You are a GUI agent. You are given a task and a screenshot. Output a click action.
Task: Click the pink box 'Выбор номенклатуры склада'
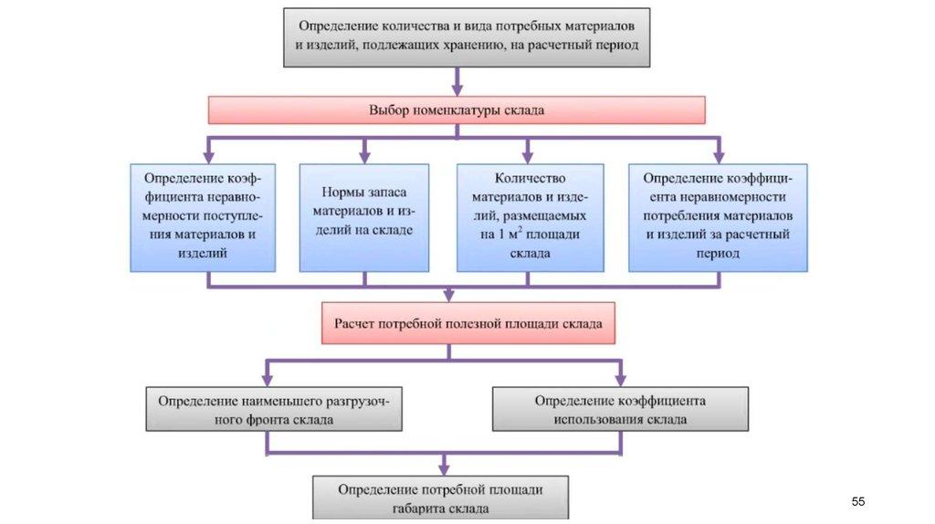tap(457, 110)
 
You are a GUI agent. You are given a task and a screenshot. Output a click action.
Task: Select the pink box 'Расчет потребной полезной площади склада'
tap(468, 323)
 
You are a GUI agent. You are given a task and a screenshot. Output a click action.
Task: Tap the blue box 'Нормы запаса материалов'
tap(363, 216)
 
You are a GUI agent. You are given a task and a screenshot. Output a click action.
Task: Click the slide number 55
tap(857, 502)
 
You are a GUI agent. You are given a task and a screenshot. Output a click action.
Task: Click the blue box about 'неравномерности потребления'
tap(718, 216)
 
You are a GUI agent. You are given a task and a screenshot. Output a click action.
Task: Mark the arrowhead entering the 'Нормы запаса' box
tap(364, 157)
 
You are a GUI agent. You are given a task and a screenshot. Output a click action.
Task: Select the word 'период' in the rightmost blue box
tap(717, 254)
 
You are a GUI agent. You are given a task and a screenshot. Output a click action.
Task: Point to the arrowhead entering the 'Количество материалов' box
tap(528, 157)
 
